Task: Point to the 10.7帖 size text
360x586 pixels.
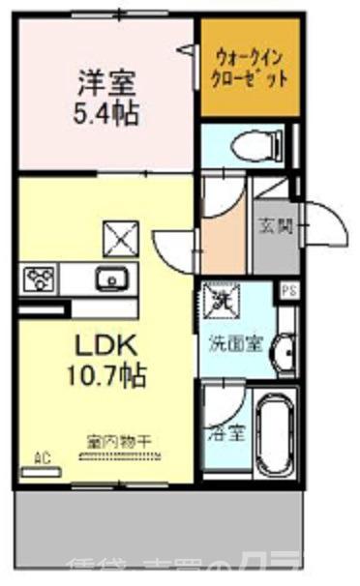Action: click(x=105, y=374)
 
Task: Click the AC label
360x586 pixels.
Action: click(x=43, y=457)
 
